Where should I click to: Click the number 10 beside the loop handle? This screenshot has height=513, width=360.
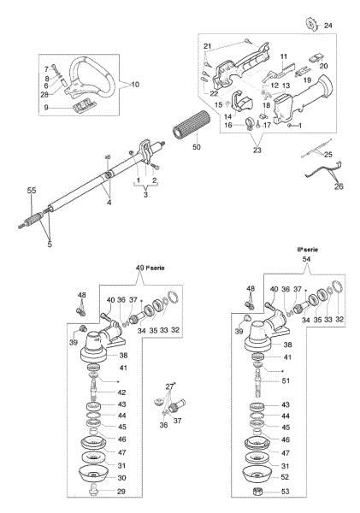[130, 84]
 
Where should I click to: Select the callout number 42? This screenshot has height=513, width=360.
[122, 392]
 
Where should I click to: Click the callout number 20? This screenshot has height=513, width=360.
[323, 65]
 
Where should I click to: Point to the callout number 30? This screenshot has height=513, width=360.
[122, 477]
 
